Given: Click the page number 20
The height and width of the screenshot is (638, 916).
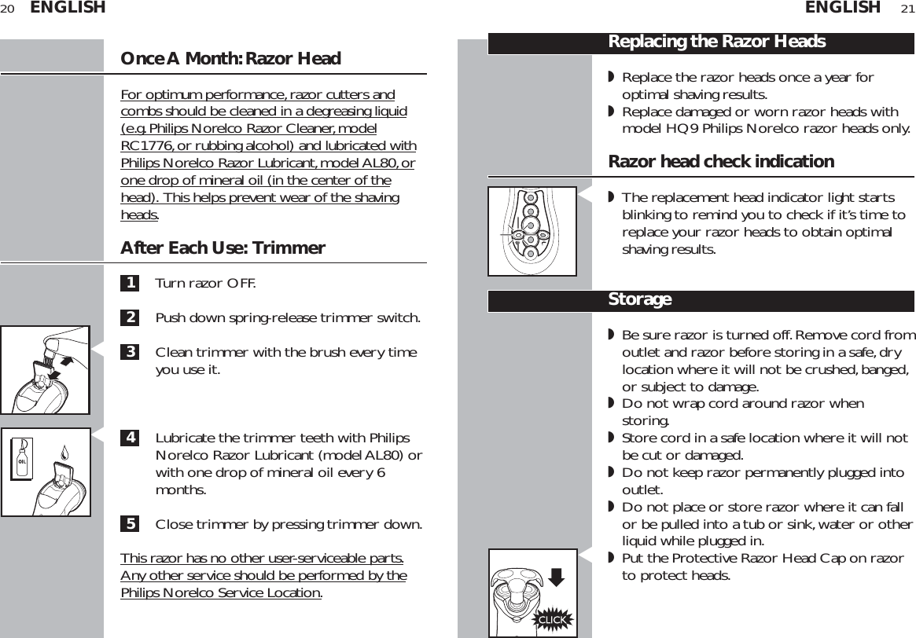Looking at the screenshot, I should pyautogui.click(x=8, y=9).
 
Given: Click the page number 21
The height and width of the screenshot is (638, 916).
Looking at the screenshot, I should pyautogui.click(x=907, y=9).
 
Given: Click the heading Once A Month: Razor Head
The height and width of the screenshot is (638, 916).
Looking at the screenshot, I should pyautogui.click(x=230, y=59).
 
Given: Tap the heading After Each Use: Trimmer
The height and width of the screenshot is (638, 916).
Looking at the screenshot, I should pyautogui.click(x=223, y=248).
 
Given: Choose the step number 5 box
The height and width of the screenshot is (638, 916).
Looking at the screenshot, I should pyautogui.click(x=130, y=524).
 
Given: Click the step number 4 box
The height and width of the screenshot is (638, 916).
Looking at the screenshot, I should pyautogui.click(x=130, y=438).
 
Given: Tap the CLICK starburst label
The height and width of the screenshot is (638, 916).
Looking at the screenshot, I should pyautogui.click(x=552, y=620).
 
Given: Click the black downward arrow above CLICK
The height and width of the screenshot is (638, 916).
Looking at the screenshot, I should pyautogui.click(x=556, y=578).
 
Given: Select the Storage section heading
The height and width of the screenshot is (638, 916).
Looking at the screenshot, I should pyautogui.click(x=639, y=300).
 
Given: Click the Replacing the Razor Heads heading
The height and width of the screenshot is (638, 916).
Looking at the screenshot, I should pyautogui.click(x=716, y=42).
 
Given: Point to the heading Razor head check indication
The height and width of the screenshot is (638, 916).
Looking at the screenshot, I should pyautogui.click(x=721, y=162).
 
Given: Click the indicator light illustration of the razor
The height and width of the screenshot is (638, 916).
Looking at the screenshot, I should pyautogui.click(x=532, y=231).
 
